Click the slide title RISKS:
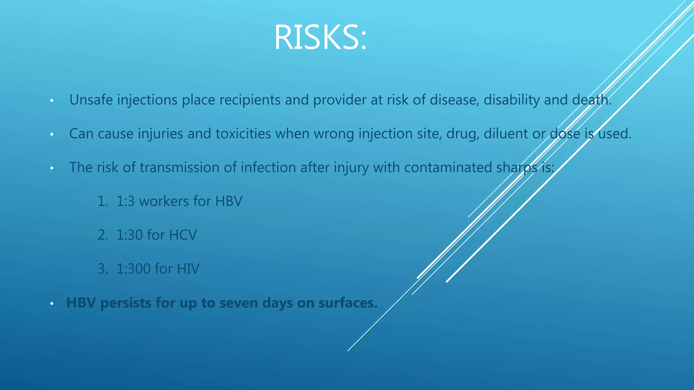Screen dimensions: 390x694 320,37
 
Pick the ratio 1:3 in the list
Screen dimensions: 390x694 125,201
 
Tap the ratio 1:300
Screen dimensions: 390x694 133,269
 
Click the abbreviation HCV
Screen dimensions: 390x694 183,235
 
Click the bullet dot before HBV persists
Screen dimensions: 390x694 52,304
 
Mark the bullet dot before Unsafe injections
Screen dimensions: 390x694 52,101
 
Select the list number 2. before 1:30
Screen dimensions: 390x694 103,235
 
